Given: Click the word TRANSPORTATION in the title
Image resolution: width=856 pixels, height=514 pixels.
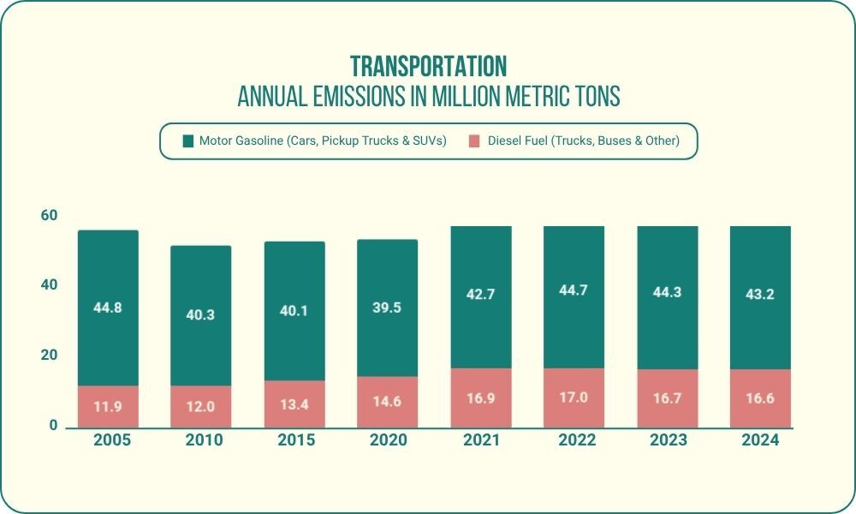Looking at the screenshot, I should click(x=428, y=67).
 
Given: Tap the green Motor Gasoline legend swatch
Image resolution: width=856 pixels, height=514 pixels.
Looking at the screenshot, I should click(x=188, y=141).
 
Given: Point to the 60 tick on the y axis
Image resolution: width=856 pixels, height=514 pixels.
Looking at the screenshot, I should click(x=49, y=215).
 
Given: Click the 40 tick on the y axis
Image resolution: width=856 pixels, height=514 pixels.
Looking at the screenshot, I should click(x=49, y=285).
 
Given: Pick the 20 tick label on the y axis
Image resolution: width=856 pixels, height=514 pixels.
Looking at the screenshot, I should click(x=49, y=356).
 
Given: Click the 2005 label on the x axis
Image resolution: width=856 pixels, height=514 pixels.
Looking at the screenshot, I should click(x=108, y=440).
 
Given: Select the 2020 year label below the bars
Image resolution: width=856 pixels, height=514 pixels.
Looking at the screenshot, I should click(x=388, y=440).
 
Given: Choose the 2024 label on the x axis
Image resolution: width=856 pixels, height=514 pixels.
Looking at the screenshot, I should click(x=760, y=440).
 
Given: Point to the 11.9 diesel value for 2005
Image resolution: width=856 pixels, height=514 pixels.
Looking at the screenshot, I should click(x=108, y=407).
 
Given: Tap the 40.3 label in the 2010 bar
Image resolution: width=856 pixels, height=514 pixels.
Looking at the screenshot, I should click(x=201, y=314).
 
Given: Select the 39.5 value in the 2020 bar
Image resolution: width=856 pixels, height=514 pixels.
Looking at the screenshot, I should click(x=388, y=308).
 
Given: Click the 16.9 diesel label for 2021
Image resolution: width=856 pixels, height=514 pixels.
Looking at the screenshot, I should click(x=481, y=398).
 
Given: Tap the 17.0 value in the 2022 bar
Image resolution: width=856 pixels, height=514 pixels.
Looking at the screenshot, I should click(x=574, y=398).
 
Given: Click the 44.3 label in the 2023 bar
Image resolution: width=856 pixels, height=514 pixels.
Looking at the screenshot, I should click(x=668, y=294).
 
